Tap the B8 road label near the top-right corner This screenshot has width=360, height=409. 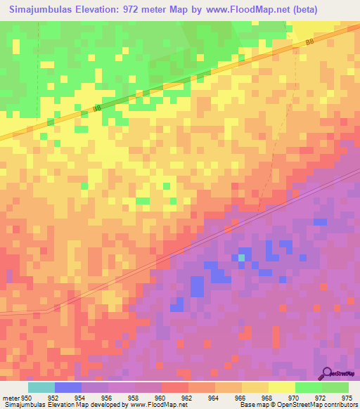pyautogui.click(x=309, y=43)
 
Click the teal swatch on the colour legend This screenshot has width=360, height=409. pyautogui.click(x=41, y=387)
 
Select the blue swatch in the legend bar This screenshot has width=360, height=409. pyautogui.click(x=68, y=387)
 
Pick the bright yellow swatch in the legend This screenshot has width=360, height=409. pyautogui.click(x=282, y=387)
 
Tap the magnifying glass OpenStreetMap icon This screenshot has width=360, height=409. pyautogui.click(x=328, y=372)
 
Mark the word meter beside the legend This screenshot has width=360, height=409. pyautogui.click(x=10, y=398)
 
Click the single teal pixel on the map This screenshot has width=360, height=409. pyautogui.click(x=242, y=258)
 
